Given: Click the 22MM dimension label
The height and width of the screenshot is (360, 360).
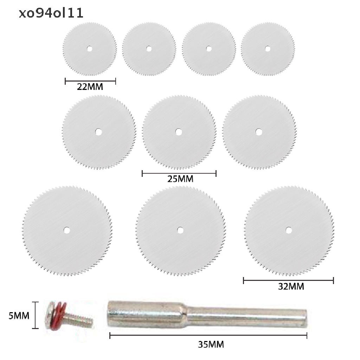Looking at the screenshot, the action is pyautogui.click(x=90, y=87).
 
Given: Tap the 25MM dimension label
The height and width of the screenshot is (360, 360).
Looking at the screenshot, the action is pyautogui.click(x=180, y=179).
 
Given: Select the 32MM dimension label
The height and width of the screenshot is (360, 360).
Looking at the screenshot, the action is pyautogui.click(x=291, y=287).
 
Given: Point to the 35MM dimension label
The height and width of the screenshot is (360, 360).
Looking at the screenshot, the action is pyautogui.click(x=211, y=345).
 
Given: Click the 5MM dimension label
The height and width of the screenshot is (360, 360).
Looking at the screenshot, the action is pyautogui.click(x=19, y=316).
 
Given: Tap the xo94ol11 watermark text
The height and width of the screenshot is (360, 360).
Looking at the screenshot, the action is pyautogui.click(x=51, y=13).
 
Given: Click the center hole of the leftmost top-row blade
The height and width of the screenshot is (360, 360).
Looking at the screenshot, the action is pyautogui.click(x=90, y=49).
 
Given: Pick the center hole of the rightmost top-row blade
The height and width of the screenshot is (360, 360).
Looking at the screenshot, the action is pyautogui.click(x=268, y=49).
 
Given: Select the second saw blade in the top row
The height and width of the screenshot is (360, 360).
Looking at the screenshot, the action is pyautogui.click(x=149, y=49).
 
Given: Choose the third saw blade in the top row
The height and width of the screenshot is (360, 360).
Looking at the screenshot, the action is pyautogui.click(x=209, y=49).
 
